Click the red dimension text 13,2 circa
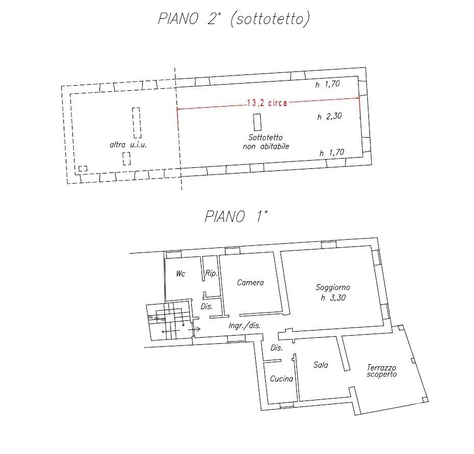(267, 103)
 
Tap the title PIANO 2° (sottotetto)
(234, 19)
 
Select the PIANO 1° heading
(236, 216)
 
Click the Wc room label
(181, 274)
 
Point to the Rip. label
(211, 273)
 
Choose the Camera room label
(251, 283)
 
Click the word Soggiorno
(333, 288)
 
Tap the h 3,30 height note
(333, 298)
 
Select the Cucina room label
(282, 379)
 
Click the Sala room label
(321, 365)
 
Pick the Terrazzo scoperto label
(382, 371)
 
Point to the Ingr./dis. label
(244, 325)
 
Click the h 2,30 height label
(330, 116)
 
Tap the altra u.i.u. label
(128, 145)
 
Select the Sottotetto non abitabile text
(266, 142)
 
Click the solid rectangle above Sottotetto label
(258, 122)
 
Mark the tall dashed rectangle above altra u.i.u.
(137, 123)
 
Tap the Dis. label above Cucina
(277, 348)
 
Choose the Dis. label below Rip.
(207, 307)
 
